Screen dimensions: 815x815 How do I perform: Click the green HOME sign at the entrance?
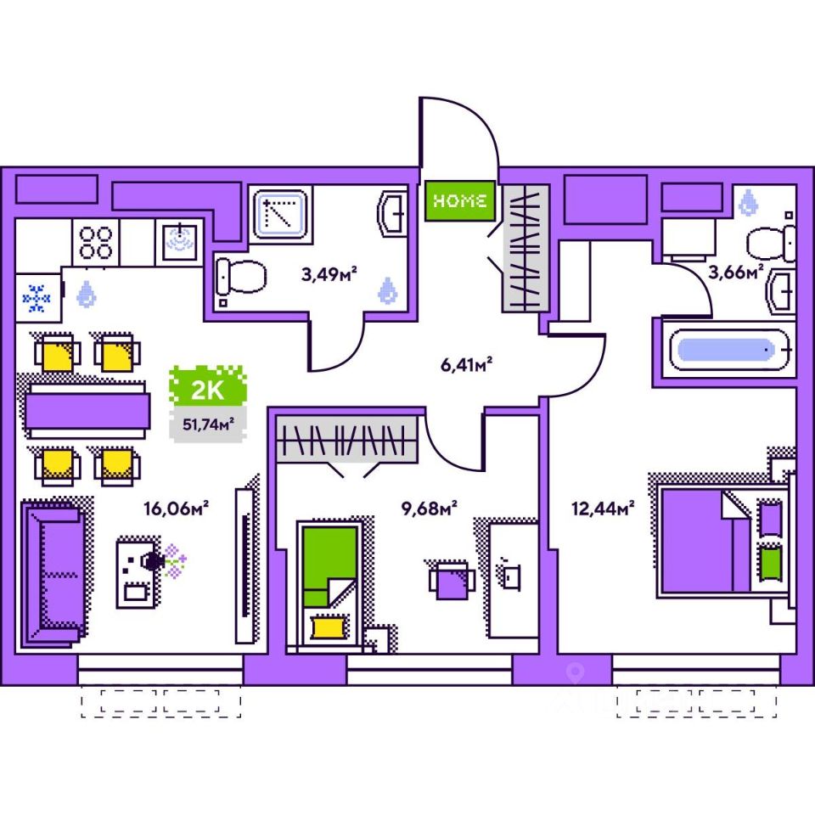point(459,201)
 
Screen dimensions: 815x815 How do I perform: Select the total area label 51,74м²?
point(204,424)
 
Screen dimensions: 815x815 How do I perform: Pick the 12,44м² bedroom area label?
point(604,509)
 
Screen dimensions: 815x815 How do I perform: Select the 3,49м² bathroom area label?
point(329,273)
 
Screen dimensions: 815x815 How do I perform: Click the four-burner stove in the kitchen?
point(95,241)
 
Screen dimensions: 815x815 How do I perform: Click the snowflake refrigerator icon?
point(37,298)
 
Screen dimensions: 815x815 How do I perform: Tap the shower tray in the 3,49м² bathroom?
point(279,214)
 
